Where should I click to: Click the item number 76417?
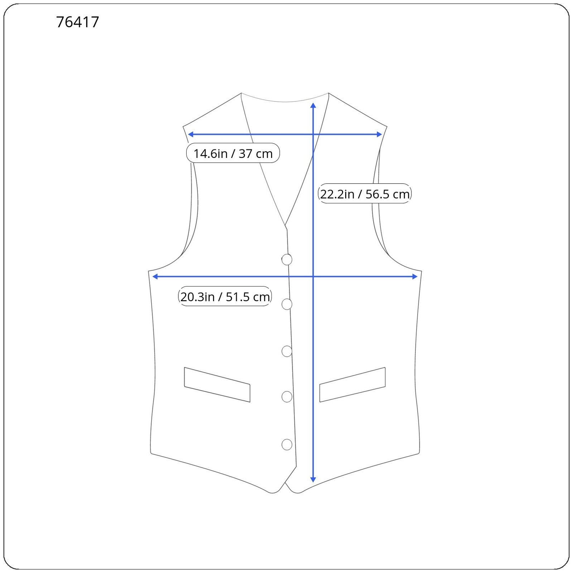tap(77, 22)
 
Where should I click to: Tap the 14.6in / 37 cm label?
tap(233, 153)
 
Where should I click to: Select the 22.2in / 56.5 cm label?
tap(365, 194)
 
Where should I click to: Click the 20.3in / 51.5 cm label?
tap(225, 297)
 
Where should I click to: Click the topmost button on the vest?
tap(287, 259)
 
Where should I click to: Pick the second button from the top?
tap(287, 304)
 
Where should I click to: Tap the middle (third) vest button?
tap(287, 351)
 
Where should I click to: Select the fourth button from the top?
tap(287, 396)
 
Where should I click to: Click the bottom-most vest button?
tap(287, 444)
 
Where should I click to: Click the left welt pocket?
tap(217, 385)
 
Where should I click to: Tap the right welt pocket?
tap(352, 385)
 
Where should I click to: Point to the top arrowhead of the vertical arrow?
tap(313, 105)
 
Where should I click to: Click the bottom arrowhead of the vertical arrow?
tap(313, 479)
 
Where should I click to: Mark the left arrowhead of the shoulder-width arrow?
tap(191, 134)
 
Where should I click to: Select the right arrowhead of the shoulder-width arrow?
tap(379, 134)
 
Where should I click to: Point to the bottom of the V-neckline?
tap(285, 226)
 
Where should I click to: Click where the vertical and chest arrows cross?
tap(313, 276)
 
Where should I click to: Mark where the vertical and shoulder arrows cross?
tap(313, 134)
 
